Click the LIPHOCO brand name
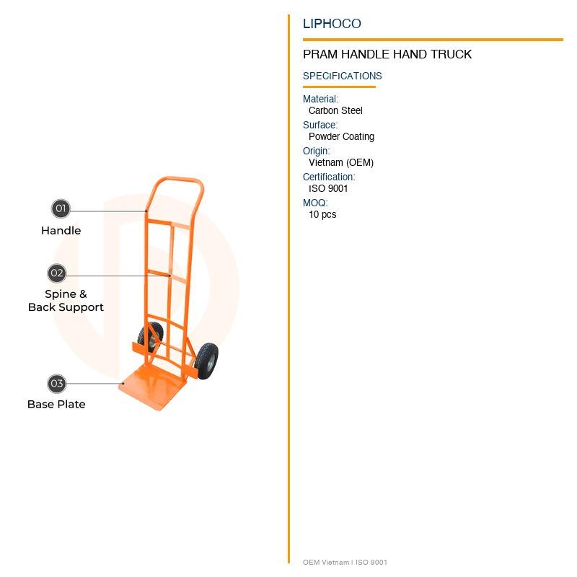click(332, 24)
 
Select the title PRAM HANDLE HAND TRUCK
click(387, 54)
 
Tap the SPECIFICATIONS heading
click(342, 76)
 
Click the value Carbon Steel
click(335, 110)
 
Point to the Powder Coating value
click(341, 136)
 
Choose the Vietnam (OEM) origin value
click(341, 162)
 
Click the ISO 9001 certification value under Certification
click(328, 188)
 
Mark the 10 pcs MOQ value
click(322, 214)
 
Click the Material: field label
click(320, 99)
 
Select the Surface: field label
click(320, 125)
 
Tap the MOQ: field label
click(315, 203)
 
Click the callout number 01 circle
click(61, 209)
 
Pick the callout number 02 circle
click(57, 273)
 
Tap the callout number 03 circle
click(57, 384)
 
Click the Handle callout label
click(61, 231)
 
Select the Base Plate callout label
click(56, 405)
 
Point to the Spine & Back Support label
click(66, 301)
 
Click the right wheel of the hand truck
click(207, 361)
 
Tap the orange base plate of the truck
click(154, 389)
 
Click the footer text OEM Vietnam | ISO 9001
click(345, 563)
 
